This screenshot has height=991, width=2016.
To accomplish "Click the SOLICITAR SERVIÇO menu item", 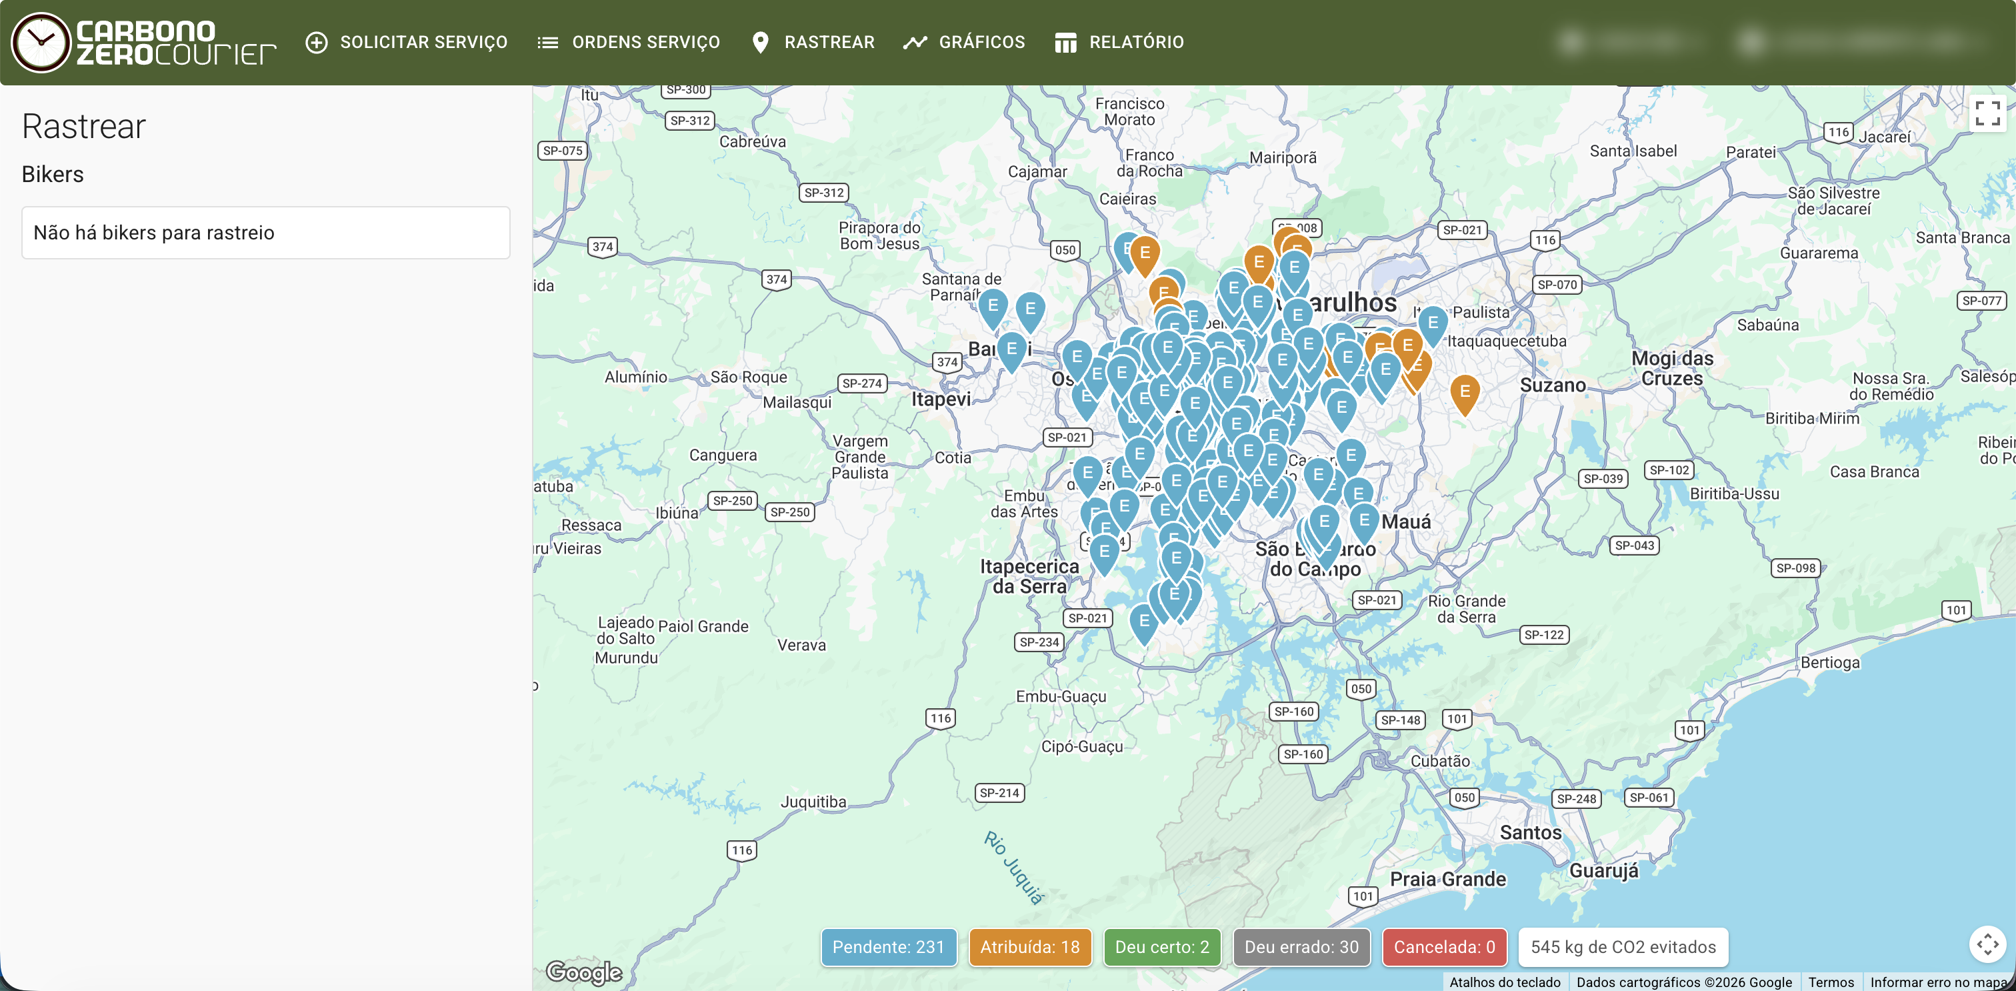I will click(407, 42).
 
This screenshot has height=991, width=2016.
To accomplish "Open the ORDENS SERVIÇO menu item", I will click(629, 42).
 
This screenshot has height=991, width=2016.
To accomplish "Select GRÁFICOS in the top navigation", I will click(964, 42).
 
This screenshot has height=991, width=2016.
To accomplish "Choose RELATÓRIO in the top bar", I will click(1119, 42).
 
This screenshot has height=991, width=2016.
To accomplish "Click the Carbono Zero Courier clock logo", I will click(41, 42).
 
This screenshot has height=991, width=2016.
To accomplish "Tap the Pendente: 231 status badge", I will click(888, 947).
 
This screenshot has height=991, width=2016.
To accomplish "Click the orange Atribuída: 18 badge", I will click(1029, 947).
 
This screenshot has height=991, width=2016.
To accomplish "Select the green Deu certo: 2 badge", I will click(1161, 947).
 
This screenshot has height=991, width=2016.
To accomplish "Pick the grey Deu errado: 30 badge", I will click(1301, 947).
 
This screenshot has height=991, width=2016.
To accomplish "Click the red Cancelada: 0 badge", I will click(1444, 947).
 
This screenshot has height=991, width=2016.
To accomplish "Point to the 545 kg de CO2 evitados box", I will click(1623, 947).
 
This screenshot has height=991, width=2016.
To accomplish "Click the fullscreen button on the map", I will click(1987, 113).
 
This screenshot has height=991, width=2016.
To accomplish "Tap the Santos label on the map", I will click(1530, 833).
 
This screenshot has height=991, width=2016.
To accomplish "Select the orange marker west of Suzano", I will click(1464, 392).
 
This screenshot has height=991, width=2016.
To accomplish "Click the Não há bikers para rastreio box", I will click(265, 233).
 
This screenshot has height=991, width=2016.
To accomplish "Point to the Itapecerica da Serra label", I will click(1029, 576).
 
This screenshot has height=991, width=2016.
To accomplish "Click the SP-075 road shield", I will click(562, 150).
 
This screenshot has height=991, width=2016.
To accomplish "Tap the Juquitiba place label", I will click(813, 802).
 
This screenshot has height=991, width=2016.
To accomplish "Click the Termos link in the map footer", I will click(1831, 982).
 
